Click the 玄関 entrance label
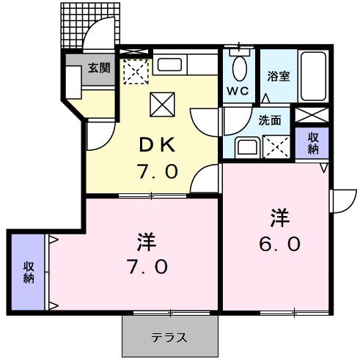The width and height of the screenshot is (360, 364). (x=99, y=67)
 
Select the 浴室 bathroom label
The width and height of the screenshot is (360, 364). (x=277, y=75)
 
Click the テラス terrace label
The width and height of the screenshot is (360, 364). (x=169, y=338)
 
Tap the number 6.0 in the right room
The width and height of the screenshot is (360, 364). (x=279, y=244)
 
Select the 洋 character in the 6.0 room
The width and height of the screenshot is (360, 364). (x=279, y=217)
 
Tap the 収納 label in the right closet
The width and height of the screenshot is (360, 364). (x=313, y=144)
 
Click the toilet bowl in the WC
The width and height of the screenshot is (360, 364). (x=240, y=70)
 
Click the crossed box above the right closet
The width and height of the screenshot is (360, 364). (x=312, y=116)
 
